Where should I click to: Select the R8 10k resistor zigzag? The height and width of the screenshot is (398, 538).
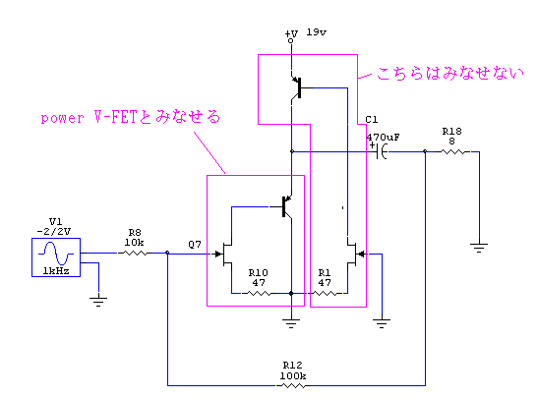click(x=135, y=254)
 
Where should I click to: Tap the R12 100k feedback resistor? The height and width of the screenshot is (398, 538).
click(x=293, y=385)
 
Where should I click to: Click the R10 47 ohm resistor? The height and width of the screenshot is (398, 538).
click(x=259, y=294)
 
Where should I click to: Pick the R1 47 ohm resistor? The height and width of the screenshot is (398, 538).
click(x=325, y=294)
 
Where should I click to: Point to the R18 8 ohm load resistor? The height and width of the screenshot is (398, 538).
click(x=452, y=151)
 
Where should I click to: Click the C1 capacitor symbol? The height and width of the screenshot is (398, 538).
click(x=381, y=151)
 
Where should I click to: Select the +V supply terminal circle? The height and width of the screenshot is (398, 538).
click(x=291, y=41)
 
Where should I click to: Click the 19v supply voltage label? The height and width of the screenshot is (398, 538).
click(x=317, y=32)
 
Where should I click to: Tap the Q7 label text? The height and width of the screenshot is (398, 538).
click(x=195, y=245)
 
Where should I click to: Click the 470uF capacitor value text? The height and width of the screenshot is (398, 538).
click(x=383, y=138)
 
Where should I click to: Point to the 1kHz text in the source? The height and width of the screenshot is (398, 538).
click(x=56, y=271)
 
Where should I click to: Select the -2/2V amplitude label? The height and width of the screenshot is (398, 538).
click(x=54, y=231)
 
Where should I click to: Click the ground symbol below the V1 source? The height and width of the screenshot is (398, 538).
click(x=98, y=302)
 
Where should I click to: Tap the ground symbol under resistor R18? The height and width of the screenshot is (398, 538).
click(x=479, y=248)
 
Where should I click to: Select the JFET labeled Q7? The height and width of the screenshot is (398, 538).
click(x=223, y=254)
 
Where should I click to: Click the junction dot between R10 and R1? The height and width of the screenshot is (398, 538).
click(x=291, y=294)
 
